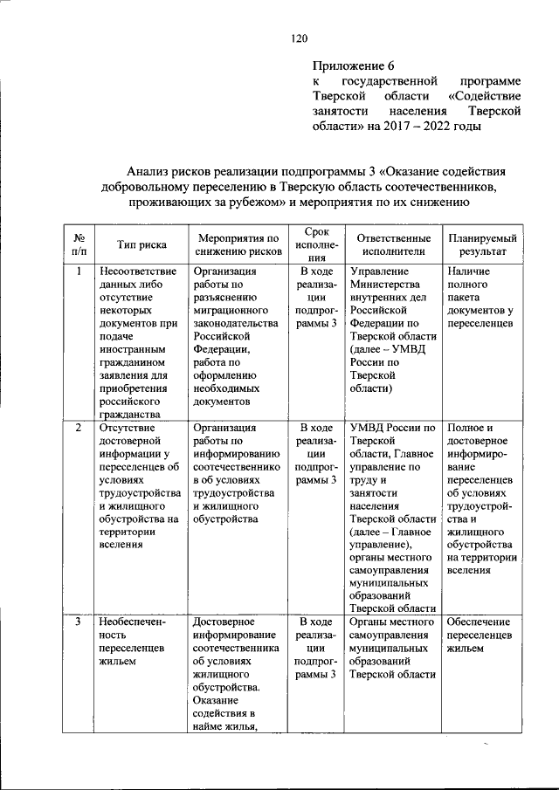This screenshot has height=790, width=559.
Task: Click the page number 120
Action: (300, 38)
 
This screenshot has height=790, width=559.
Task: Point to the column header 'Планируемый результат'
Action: (481, 244)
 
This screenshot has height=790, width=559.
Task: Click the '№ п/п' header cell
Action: (79, 244)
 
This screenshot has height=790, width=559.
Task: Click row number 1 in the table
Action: (79, 271)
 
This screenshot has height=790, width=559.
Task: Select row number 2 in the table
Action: (79, 428)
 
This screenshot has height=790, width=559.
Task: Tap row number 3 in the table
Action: (79, 622)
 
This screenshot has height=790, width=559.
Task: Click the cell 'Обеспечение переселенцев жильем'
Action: (481, 635)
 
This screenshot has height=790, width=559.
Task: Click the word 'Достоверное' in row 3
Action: (224, 622)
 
